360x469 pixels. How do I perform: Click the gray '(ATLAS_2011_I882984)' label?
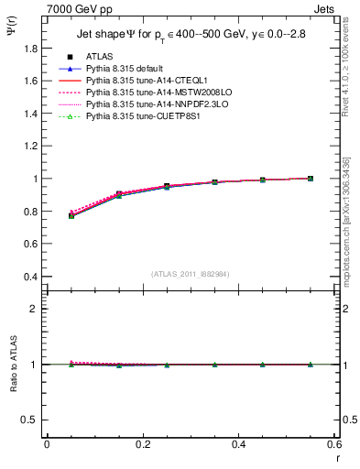(191, 274)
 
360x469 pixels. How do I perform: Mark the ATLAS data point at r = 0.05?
(71, 215)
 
